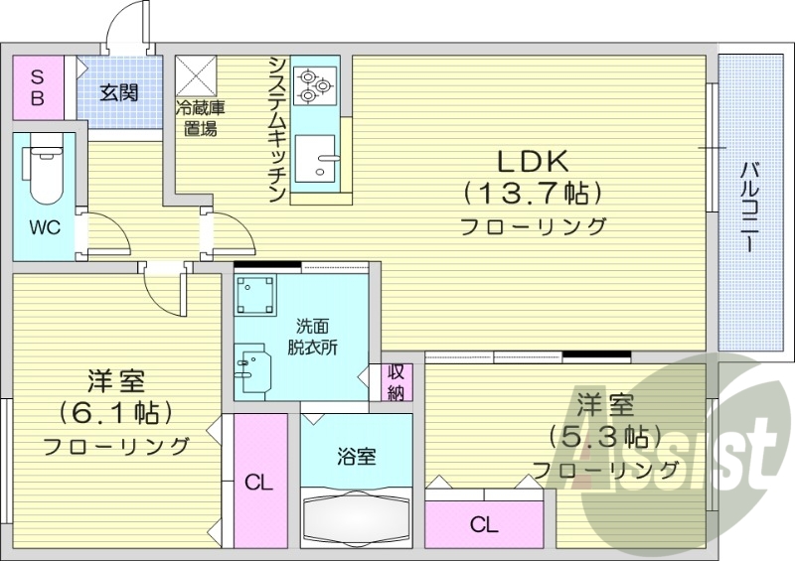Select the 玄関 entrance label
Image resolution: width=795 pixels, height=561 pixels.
point(118,92)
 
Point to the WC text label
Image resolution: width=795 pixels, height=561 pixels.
point(44,227)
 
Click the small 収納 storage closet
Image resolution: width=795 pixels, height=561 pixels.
point(396,381)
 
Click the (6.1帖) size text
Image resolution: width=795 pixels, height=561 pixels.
point(115,411)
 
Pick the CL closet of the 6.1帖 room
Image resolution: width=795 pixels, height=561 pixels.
point(259,483)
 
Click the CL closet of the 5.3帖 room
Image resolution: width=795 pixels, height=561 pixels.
point(484,523)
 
